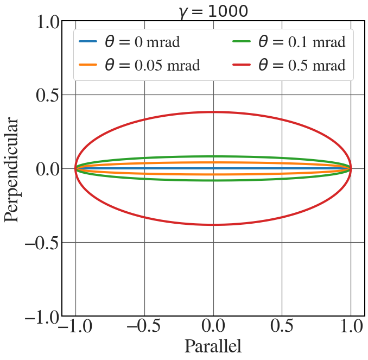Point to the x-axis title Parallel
[213, 346]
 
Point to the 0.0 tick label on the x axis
[213, 327]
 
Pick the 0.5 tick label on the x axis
[281, 327]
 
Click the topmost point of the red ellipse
[213, 112]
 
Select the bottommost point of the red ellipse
[213, 225]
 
